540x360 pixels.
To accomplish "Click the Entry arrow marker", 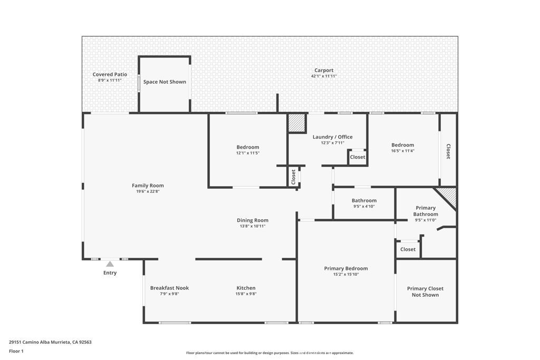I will click(110, 264).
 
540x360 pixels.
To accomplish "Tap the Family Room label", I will click(148, 186).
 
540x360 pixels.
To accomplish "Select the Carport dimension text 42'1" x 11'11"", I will click(324, 76).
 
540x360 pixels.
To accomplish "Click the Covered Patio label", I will click(110, 74).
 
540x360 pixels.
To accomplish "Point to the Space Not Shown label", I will click(165, 82).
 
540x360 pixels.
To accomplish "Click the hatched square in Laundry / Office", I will click(297, 123).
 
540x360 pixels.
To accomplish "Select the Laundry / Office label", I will click(332, 137).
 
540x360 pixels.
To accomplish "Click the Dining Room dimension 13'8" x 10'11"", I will click(253, 226).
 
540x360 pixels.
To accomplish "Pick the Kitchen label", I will click(246, 288).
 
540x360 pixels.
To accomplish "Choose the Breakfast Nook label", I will click(169, 288).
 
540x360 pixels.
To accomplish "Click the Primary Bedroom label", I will click(346, 268).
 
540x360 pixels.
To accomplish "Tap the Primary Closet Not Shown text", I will click(425, 291).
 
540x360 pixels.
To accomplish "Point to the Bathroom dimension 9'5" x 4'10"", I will click(364, 207).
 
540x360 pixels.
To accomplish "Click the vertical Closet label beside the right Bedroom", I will click(448, 152).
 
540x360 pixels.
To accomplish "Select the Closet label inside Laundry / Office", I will click(358, 157).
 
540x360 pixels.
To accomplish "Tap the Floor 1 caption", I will click(16, 351).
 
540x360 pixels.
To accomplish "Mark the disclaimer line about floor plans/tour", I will click(269, 353).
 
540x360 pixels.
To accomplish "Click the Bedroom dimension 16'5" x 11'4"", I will click(402, 151).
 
